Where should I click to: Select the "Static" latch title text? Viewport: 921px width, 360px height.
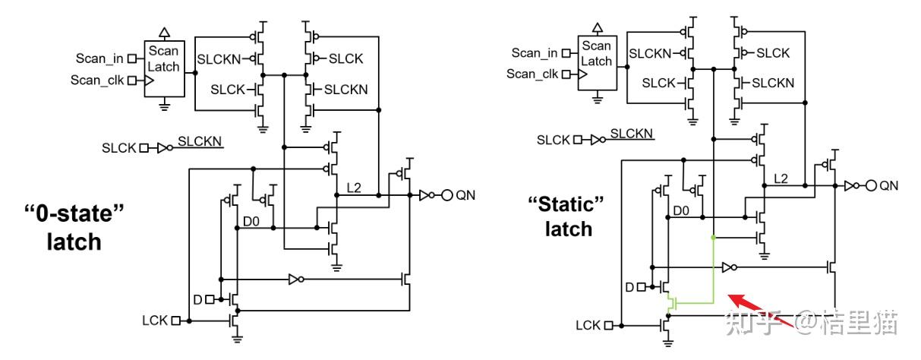point(567,215)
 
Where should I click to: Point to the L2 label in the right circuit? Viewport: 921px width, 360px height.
point(781,178)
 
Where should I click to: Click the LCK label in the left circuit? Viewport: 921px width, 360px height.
point(154,321)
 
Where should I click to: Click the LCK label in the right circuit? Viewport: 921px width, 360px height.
point(587,326)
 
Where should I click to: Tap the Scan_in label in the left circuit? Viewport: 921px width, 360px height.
point(100,58)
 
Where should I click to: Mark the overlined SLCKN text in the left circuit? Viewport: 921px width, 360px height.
point(200,141)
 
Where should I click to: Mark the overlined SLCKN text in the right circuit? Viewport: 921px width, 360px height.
point(632,134)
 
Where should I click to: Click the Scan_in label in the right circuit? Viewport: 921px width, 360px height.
point(535,52)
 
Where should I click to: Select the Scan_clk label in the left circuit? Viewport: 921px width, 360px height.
point(97,79)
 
